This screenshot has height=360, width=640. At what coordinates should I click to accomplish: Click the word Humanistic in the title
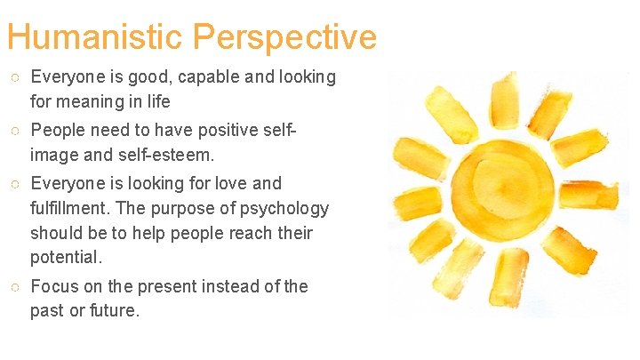(x=95, y=37)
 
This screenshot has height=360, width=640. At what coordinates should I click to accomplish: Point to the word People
(x=58, y=132)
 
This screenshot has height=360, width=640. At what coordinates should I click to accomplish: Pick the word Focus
(x=54, y=286)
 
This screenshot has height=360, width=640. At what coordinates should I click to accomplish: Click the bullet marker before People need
(x=15, y=132)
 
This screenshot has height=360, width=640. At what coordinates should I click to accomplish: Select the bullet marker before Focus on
(x=15, y=286)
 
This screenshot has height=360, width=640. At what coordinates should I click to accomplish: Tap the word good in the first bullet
(x=134, y=77)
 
